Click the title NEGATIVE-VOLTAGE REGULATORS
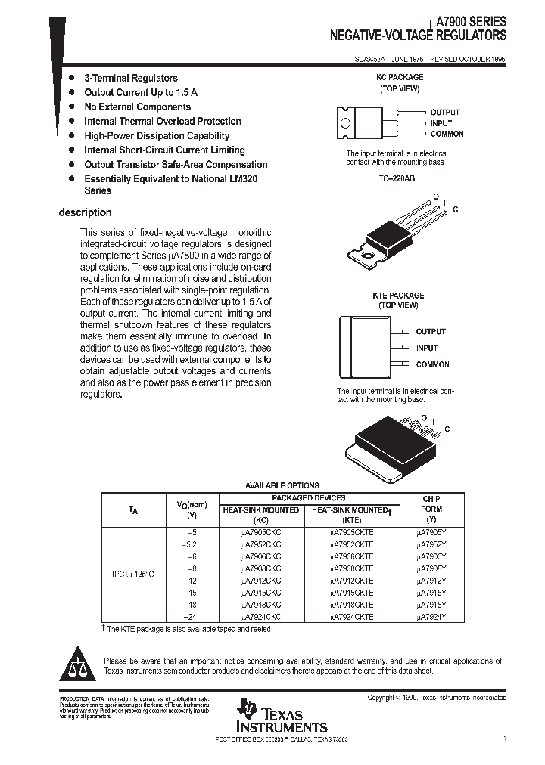(418, 36)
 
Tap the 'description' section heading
(85, 213)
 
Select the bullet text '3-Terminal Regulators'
(130, 78)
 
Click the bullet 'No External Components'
(136, 107)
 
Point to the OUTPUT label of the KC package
(445, 112)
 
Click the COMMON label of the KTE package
(432, 364)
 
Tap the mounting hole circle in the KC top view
(345, 123)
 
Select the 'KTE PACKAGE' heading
(398, 296)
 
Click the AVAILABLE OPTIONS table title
(282, 485)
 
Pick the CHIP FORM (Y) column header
(431, 509)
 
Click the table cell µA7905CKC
(260, 532)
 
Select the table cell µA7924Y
(431, 617)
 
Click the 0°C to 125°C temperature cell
(133, 575)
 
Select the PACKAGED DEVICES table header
(309, 498)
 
